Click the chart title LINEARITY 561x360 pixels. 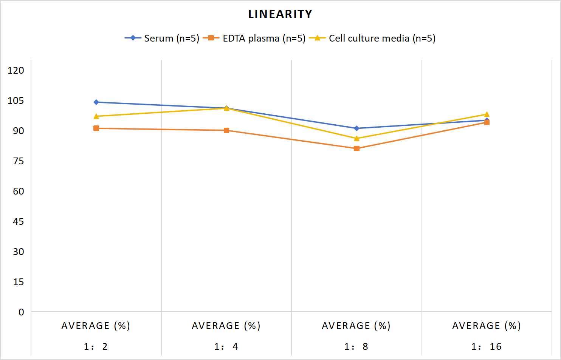tap(280, 14)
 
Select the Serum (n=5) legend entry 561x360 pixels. tap(162, 38)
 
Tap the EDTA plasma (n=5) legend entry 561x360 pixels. tap(254, 38)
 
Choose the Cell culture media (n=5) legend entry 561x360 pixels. tap(372, 38)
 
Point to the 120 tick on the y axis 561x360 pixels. tap(16, 70)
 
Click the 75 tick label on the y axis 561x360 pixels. tap(18, 161)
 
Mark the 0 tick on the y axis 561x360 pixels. tap(21, 312)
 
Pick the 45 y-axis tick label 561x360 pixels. tap(18, 222)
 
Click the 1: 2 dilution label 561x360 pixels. tap(96, 346)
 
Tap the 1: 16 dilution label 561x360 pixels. tap(487, 346)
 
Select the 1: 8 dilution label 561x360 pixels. tap(356, 346)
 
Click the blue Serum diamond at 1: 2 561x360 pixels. tap(96, 102)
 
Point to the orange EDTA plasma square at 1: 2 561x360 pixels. tap(96, 128)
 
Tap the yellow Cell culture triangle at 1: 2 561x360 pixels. tap(96, 116)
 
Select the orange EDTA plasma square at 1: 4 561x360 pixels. tap(226, 130)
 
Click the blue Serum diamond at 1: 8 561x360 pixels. tap(356, 128)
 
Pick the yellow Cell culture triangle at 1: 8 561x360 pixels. tap(356, 138)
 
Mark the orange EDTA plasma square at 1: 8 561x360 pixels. tap(356, 148)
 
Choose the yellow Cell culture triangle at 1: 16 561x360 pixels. tap(487, 114)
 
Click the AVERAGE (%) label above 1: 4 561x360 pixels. tap(226, 326)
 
